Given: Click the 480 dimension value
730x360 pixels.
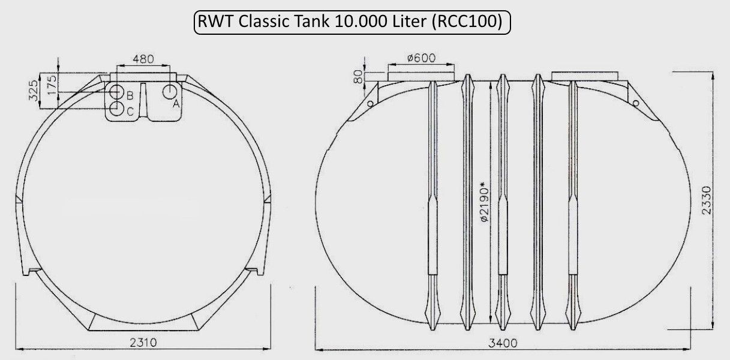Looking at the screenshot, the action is tap(143, 59).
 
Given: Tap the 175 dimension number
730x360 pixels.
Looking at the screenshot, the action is tap(52, 85).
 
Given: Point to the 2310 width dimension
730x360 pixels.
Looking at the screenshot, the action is tap(143, 343).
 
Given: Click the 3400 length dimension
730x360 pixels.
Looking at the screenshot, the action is tap(503, 343).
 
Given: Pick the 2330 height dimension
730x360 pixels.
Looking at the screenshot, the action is tap(707, 200).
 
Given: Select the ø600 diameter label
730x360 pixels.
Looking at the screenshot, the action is tap(421, 58).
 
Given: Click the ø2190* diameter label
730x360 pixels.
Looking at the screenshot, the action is tap(485, 202).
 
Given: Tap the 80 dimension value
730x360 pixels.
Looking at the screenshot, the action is tap(358, 77).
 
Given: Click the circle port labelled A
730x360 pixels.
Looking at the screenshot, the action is tap(170, 92).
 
